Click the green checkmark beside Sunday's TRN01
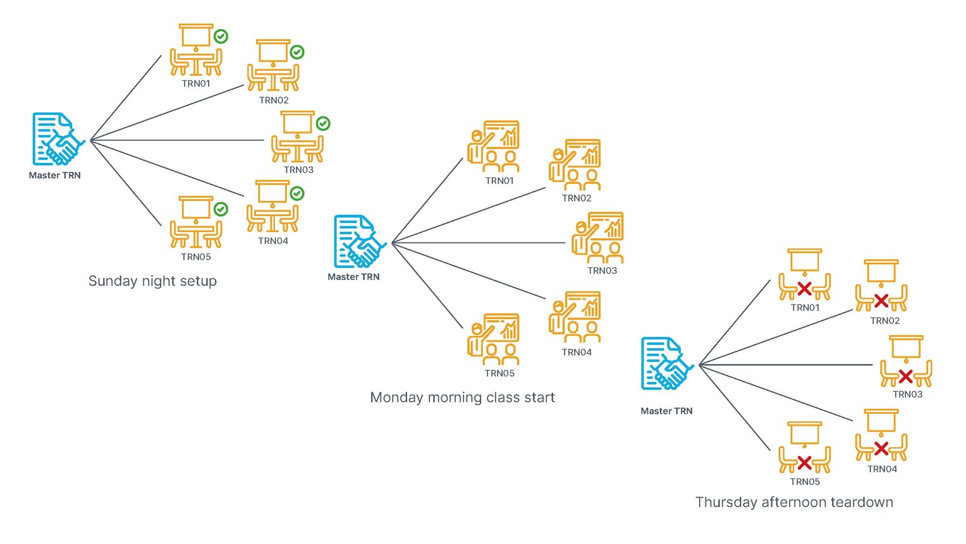[x=221, y=37]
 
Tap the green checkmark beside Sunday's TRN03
[x=323, y=123]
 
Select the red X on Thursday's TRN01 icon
[x=804, y=289]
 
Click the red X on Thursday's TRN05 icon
[x=804, y=462]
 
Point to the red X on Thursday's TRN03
[x=905, y=377]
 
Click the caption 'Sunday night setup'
[x=152, y=281]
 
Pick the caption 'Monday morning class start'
[x=462, y=397]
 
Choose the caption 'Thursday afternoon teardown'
[x=794, y=502]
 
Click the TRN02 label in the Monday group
[x=577, y=198]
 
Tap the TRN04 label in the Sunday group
[x=273, y=241]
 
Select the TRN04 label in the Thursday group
[x=882, y=469]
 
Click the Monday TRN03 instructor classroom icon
[x=597, y=238]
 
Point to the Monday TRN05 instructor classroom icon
[x=493, y=339]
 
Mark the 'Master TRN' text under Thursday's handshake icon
[x=666, y=411]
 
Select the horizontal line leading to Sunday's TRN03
[x=177, y=140]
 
